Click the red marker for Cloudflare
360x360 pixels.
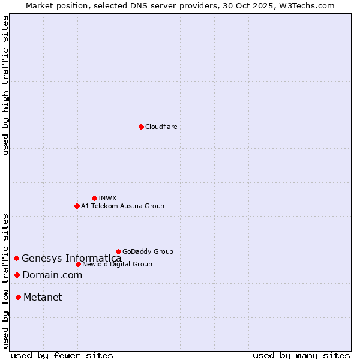point(141,127)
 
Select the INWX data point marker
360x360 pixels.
point(94,198)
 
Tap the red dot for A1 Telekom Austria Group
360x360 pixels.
point(77,206)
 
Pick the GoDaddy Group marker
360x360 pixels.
point(118,251)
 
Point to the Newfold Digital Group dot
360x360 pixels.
point(78,264)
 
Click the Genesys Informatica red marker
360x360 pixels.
point(17,258)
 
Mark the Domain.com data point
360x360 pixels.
point(17,275)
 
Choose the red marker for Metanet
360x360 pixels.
point(19,297)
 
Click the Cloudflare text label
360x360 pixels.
point(161,127)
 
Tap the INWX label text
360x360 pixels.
point(107,198)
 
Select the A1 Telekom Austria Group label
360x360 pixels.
point(122,206)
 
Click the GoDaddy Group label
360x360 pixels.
point(148,251)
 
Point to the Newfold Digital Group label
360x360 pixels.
point(117,264)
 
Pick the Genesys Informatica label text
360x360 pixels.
point(71,259)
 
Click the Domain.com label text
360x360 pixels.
point(52,275)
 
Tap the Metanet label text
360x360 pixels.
point(43,298)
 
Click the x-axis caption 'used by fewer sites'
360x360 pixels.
point(62,355)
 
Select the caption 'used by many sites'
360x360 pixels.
point(301,355)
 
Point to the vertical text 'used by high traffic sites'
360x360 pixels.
point(5,85)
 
